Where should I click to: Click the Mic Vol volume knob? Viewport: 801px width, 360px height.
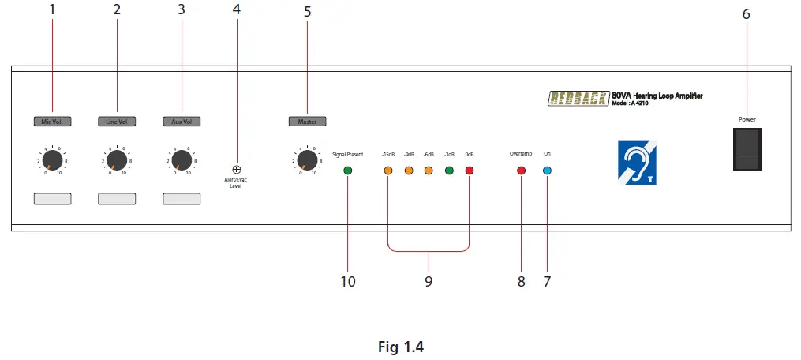52,161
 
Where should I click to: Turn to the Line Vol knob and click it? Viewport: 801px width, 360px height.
117,161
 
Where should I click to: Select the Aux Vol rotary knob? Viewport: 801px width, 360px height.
182,161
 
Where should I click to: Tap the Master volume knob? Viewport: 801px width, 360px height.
307,161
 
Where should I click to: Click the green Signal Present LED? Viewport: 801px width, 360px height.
348,171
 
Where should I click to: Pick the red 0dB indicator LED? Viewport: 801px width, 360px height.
470,171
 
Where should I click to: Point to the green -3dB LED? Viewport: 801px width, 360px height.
449,171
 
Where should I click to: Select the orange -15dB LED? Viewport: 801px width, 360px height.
388,171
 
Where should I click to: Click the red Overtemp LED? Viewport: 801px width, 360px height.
521,171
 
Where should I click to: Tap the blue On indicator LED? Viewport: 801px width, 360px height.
547,171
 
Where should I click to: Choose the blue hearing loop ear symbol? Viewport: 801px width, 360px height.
637,162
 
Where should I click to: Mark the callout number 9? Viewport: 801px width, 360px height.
429,281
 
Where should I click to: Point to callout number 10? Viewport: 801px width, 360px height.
348,281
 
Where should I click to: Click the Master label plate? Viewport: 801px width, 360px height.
307,122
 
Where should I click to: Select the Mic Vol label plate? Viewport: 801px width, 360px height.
52,122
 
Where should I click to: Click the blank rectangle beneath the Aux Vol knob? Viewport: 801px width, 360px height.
182,199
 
